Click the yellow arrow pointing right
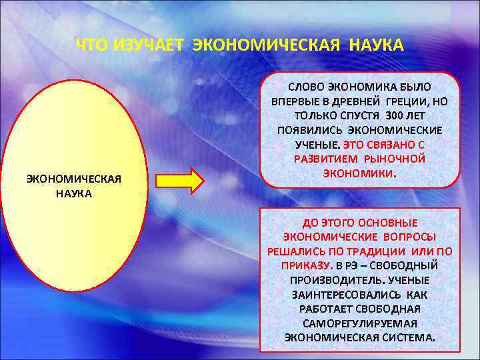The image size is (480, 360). tap(180, 181)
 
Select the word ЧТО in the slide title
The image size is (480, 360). tap(93, 45)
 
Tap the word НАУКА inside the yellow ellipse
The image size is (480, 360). tap(73, 193)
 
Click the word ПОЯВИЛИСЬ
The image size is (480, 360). tap(305, 129)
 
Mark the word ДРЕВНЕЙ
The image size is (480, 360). tap(353, 101)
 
